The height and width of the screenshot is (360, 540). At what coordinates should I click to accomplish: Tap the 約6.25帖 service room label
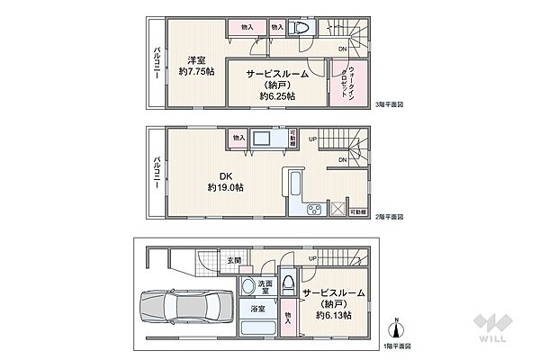click(x=278, y=85)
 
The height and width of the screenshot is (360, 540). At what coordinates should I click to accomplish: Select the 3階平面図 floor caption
click(x=389, y=104)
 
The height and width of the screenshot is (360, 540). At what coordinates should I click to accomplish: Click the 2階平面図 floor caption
click(x=389, y=217)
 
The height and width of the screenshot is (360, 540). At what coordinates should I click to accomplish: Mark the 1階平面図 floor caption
click(x=395, y=346)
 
